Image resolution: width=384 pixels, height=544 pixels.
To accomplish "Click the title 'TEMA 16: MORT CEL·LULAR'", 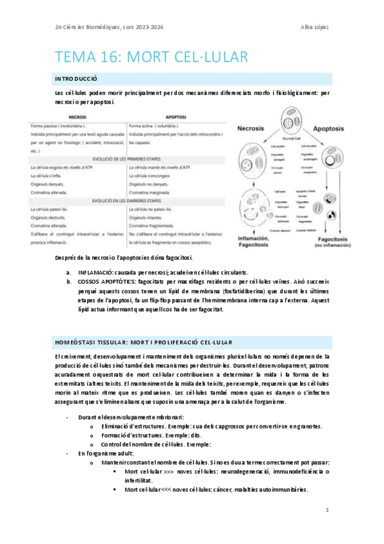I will pos(152,57).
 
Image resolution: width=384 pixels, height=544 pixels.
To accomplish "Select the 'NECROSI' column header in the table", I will pos(78,117).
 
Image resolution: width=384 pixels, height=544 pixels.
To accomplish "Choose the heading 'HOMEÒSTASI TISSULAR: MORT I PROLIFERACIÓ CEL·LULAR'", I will pos(144,342).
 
